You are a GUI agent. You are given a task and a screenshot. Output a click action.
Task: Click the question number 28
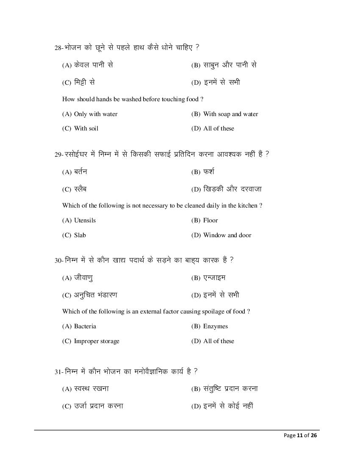(x=58, y=48)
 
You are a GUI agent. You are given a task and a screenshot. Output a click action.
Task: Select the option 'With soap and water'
(x=230, y=114)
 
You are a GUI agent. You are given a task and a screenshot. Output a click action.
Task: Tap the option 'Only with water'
(x=96, y=114)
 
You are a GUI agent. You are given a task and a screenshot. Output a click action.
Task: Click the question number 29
(x=58, y=155)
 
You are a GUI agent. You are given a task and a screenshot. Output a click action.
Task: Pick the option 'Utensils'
(x=85, y=220)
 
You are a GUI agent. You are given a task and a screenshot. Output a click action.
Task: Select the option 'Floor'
(x=210, y=220)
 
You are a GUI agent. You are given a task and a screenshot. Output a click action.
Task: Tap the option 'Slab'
(x=80, y=235)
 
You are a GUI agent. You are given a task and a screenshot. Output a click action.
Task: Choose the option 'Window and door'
(x=227, y=235)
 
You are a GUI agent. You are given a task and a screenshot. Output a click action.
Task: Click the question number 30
(x=58, y=261)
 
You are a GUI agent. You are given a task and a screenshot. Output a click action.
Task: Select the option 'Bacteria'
(x=85, y=326)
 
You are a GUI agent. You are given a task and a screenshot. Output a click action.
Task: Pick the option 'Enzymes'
(x=215, y=326)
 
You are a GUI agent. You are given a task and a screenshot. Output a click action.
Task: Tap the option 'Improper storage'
(x=97, y=341)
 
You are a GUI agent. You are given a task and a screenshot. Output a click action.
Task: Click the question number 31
(x=58, y=372)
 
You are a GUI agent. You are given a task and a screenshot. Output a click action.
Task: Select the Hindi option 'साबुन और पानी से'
(x=230, y=65)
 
